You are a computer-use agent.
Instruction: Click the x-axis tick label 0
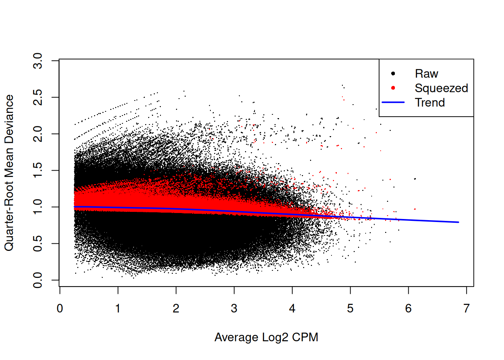click(60, 309)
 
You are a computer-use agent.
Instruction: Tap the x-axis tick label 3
click(234, 309)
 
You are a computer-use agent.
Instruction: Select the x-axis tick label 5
click(350, 309)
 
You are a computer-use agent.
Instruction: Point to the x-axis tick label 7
click(466, 309)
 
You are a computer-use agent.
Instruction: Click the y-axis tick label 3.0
click(38, 61)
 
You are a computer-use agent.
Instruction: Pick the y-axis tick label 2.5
click(38, 97)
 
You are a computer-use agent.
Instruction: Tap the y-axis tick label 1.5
click(38, 171)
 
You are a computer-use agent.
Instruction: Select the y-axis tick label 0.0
click(38, 280)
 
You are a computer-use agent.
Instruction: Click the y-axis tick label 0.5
click(38, 244)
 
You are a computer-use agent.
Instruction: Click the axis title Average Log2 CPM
click(266, 337)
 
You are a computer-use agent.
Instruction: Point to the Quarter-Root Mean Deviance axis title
click(9, 173)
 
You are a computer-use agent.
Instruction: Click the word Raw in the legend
click(426, 74)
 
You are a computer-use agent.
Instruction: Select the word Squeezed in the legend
click(441, 88)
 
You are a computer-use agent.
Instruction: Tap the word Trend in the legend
click(430, 102)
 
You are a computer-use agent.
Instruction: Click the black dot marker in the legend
click(393, 73)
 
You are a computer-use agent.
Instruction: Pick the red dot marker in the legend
click(393, 88)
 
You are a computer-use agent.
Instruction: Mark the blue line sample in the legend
click(393, 102)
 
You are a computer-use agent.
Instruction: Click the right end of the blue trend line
click(458, 222)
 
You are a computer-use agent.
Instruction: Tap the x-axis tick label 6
click(408, 309)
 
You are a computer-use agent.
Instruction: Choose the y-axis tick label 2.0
click(38, 134)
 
